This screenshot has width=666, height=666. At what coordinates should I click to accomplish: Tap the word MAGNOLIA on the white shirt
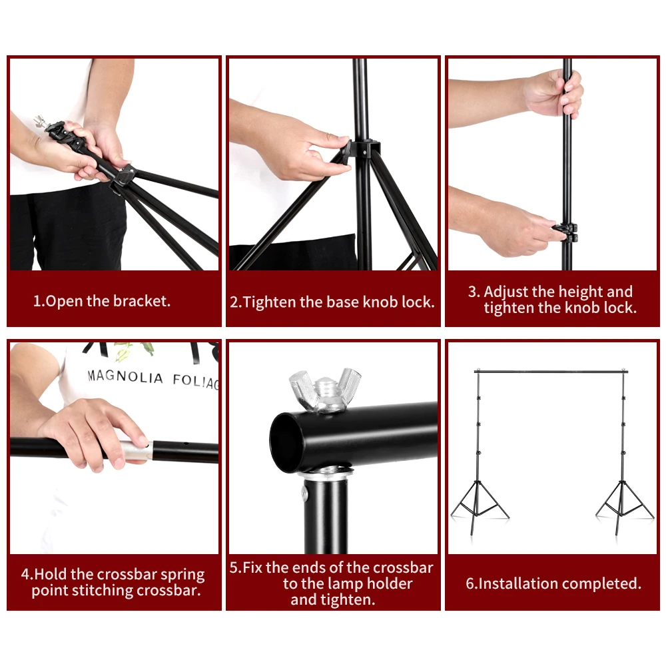(x=125, y=378)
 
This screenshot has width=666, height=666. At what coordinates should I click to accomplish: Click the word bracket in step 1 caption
(x=141, y=301)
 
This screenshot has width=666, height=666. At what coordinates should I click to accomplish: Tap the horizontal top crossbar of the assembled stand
(x=551, y=371)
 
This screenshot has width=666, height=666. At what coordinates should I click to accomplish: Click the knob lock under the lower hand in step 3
(x=565, y=233)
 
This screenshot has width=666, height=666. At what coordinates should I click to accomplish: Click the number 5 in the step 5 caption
(x=234, y=568)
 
